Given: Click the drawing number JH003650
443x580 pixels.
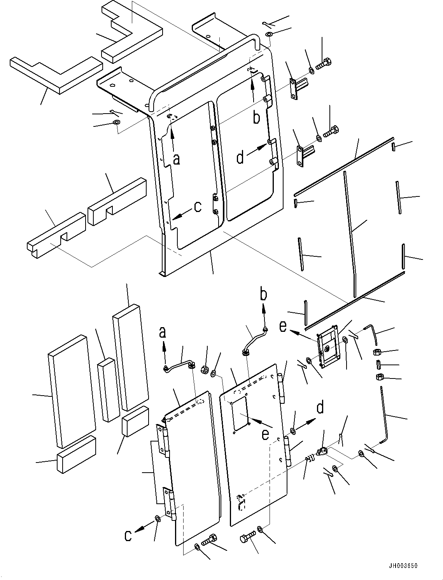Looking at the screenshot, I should click(x=402, y=566).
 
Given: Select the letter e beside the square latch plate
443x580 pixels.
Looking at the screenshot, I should click(x=284, y=326).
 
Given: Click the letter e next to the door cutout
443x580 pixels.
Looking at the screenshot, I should click(x=265, y=434).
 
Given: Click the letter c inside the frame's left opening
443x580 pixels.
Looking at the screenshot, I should click(x=198, y=207).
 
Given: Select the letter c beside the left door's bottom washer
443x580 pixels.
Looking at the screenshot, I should click(x=128, y=536).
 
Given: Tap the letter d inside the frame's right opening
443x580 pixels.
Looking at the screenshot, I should click(x=240, y=157).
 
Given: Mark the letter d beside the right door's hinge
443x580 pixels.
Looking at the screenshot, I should click(x=320, y=408).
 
